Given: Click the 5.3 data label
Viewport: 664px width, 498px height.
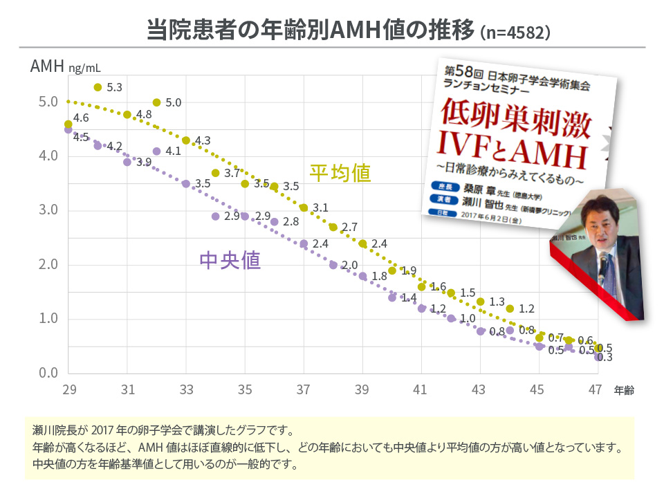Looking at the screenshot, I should (115, 88).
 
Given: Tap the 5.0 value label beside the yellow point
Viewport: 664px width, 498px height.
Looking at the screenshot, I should (174, 103).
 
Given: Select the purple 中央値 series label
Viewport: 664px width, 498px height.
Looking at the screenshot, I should (230, 260).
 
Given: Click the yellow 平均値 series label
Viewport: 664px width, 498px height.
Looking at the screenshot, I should (340, 173).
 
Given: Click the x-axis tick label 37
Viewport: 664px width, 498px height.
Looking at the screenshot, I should (304, 390).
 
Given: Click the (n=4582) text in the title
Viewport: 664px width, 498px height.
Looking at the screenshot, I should (515, 33).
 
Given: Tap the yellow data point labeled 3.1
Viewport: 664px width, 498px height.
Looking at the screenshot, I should (304, 207).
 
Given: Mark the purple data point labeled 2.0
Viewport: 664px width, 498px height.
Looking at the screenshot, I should (333, 265).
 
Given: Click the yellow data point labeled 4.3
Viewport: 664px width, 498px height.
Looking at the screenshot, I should (186, 140).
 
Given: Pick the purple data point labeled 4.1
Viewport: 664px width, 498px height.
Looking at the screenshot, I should (156, 151).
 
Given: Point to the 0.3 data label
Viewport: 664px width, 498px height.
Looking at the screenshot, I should (605, 358).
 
